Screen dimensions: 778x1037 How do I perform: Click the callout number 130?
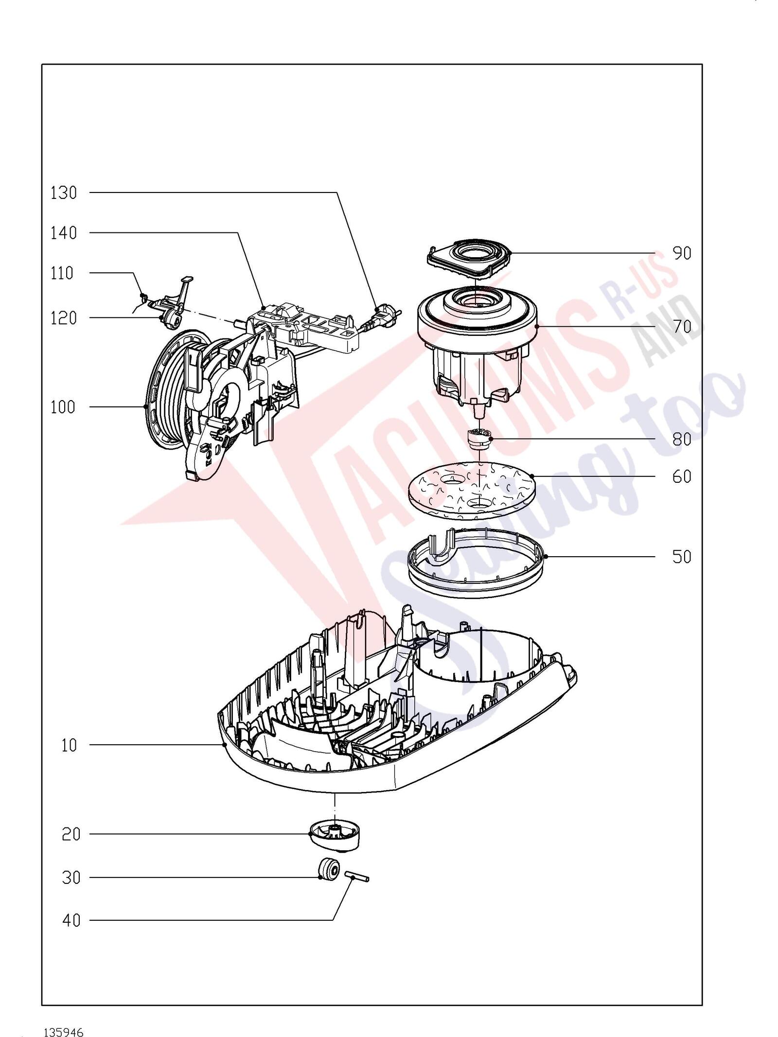tap(64, 193)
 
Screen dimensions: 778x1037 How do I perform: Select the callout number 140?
tap(64, 233)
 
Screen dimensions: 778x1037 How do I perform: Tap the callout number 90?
tap(682, 253)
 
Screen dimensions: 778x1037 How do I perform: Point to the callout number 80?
tap(682, 439)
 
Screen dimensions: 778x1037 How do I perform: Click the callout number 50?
tap(682, 557)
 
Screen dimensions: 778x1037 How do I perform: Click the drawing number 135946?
tap(64, 1015)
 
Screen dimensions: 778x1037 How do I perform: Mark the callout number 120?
tap(64, 318)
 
